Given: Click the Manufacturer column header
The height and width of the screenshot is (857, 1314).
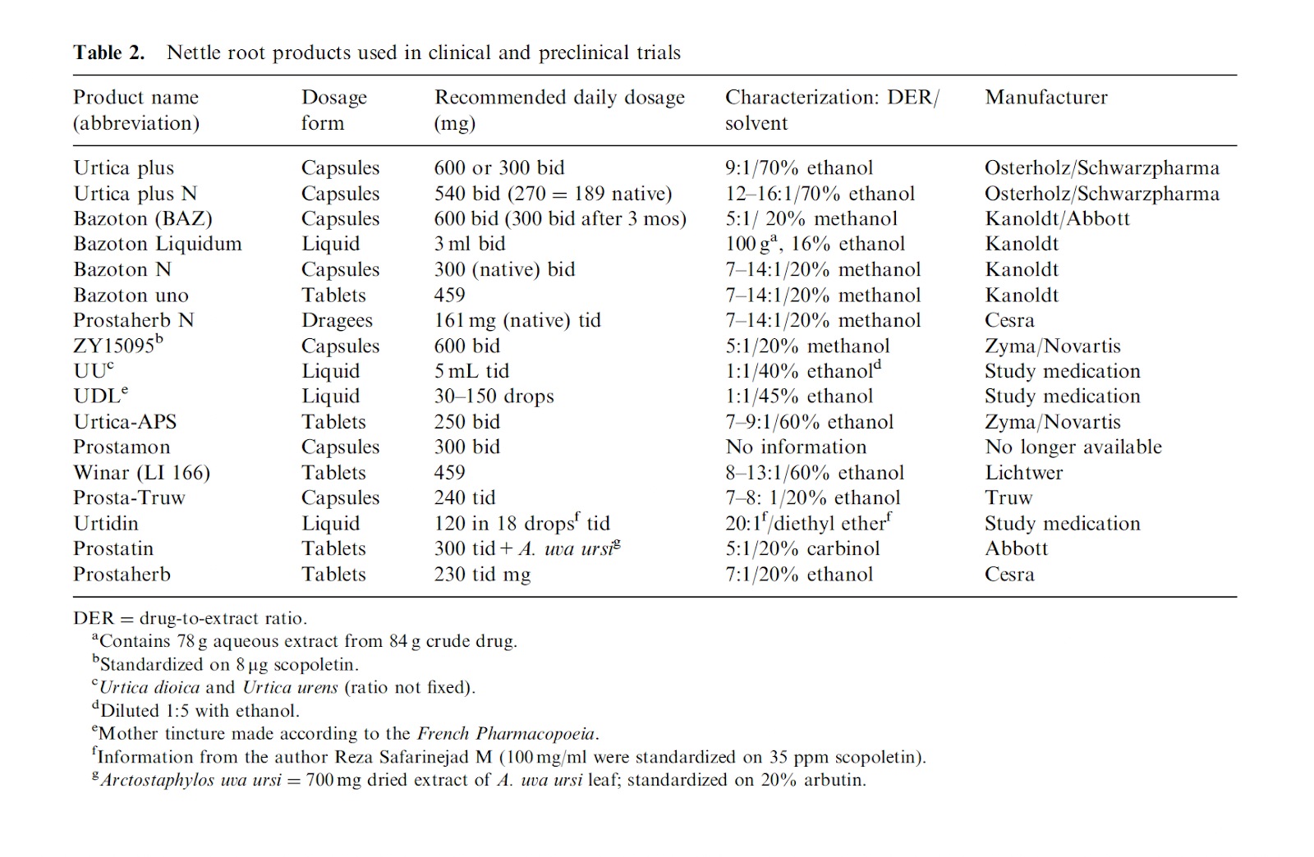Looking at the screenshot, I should [x=1045, y=98].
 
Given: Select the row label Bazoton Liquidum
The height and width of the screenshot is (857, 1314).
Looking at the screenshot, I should [x=157, y=244].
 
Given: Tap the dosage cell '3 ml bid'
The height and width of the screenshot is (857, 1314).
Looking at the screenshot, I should [x=469, y=244].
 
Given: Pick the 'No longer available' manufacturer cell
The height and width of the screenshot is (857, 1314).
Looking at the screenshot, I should [x=1073, y=447].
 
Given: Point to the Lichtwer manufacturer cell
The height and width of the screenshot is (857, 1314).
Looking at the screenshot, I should [x=1023, y=473].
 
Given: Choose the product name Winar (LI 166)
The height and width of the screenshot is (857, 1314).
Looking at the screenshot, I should [x=141, y=473].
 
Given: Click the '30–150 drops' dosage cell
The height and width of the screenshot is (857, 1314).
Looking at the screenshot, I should [x=494, y=396].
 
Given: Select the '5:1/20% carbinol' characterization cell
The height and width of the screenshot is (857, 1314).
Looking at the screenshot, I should [x=802, y=548].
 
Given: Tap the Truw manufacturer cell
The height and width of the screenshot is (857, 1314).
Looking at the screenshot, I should [x=1008, y=498].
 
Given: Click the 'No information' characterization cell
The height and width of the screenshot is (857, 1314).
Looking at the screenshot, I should [x=796, y=447].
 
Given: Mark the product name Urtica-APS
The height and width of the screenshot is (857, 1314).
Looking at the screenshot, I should [x=125, y=422].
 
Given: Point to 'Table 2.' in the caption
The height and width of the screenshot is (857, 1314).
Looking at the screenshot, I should [x=108, y=53].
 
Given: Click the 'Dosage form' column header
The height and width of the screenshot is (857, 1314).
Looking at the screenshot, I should [x=333, y=110].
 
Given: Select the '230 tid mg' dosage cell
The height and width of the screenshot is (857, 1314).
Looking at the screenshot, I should [x=482, y=575].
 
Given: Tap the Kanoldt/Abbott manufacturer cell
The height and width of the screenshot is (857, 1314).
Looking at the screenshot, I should [x=1057, y=218].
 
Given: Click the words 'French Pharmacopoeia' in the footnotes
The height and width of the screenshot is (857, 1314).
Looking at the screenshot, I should [x=506, y=734].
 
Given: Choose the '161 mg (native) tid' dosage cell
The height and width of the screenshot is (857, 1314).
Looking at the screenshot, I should [x=517, y=320].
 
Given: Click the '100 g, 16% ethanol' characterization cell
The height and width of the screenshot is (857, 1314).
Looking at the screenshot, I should [x=814, y=244].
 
